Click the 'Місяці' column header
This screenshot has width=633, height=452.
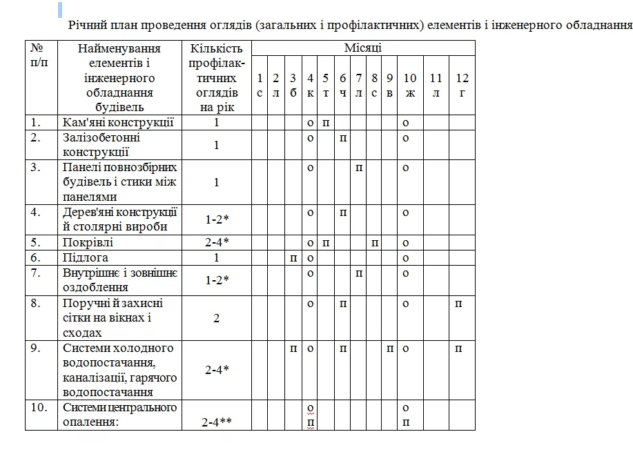363,48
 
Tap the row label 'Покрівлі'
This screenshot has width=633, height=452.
88,243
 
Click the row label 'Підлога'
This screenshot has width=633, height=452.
86,258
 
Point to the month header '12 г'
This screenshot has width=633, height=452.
462,86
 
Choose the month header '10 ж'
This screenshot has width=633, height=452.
410,86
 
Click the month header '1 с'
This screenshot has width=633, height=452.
260,86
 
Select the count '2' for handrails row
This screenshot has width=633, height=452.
216,318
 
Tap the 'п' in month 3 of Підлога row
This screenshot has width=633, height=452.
293,258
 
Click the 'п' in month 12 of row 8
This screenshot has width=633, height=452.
458,304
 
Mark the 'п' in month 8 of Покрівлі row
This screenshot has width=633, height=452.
374,243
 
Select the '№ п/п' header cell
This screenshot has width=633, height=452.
41,55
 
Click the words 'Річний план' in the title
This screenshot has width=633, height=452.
102,26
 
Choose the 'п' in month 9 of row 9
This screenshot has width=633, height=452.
390,348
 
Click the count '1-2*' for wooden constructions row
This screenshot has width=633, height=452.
216,219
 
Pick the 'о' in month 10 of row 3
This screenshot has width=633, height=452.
406,168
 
